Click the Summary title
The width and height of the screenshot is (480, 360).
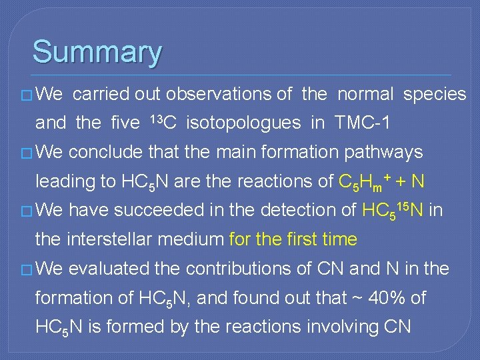pos(97,52)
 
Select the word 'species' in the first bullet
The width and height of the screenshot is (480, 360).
pos(434,94)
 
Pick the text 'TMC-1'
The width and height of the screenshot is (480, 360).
pos(363,123)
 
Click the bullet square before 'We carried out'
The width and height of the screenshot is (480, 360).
pos(27,95)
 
